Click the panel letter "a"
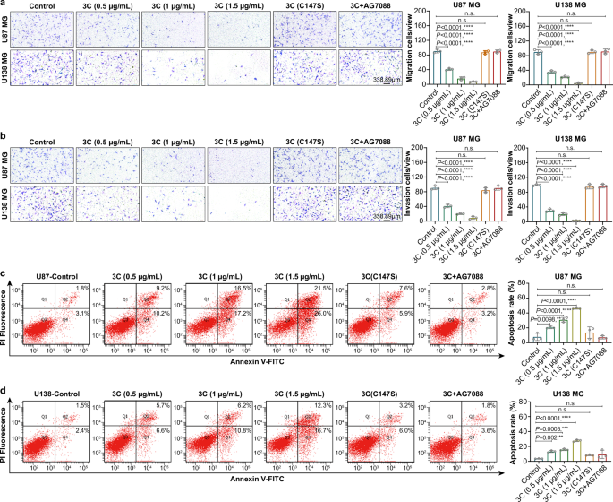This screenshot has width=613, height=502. point(4,5)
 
